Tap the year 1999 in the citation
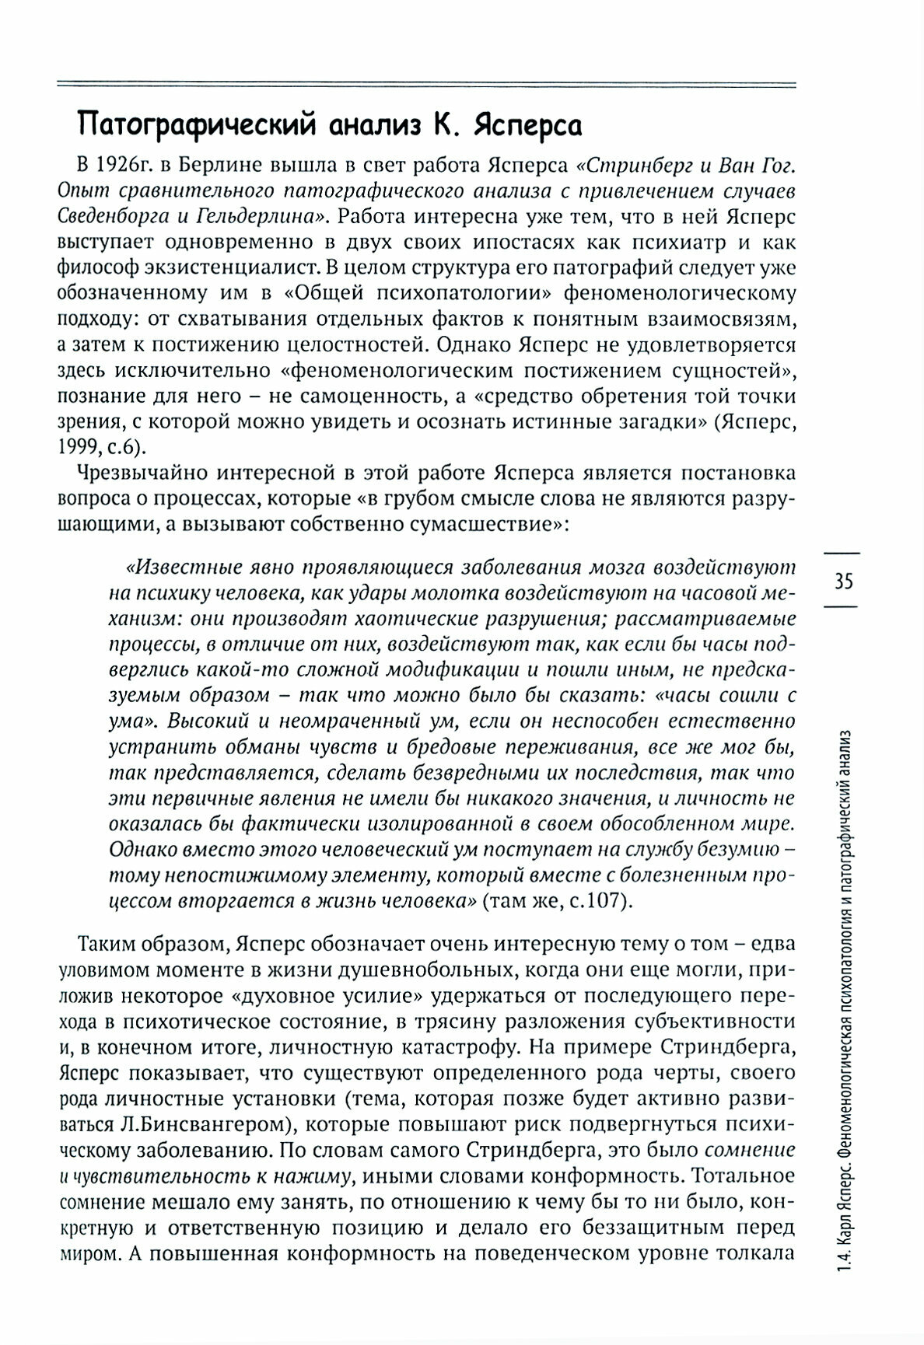pos(77,448)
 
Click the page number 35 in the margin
pos(844,581)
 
